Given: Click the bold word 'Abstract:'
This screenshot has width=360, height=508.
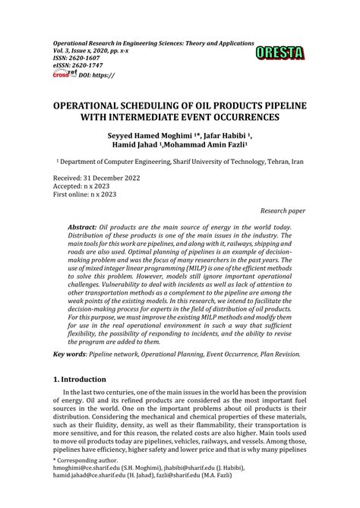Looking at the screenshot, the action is tap(82, 227).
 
